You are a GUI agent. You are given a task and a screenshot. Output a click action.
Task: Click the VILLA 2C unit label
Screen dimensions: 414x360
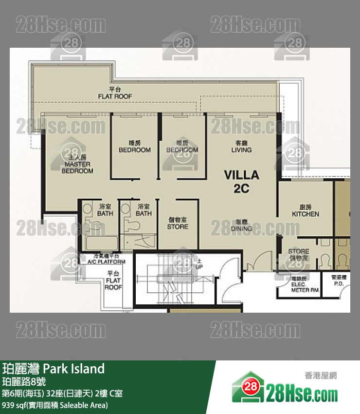pos(241,181)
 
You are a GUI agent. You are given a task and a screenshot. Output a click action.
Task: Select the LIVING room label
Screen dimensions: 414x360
pos(241,147)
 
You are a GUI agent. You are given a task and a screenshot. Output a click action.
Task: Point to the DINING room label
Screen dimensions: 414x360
pos(241,225)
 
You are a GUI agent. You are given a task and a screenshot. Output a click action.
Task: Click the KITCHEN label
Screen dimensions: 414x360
pos(306,210)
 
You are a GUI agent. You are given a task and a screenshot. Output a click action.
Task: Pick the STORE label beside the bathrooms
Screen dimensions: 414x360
pos(178,224)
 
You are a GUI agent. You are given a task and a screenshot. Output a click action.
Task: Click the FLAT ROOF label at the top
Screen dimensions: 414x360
pos(115,93)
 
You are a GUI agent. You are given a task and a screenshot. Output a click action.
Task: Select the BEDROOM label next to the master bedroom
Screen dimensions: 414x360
pos(135,147)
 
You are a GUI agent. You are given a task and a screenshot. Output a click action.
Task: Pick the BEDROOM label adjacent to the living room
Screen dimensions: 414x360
pos(182,147)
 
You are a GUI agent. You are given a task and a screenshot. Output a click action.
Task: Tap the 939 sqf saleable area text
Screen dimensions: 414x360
pos(55,405)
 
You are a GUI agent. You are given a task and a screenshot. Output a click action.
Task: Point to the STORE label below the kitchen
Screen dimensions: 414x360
pos(298,254)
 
